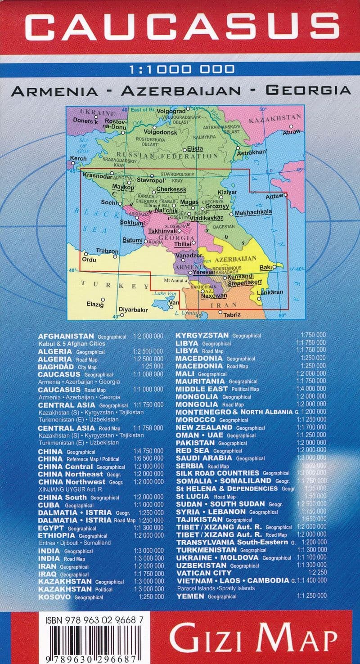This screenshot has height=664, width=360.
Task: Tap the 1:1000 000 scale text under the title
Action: click(181, 69)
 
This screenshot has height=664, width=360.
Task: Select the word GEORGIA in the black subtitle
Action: click(308, 90)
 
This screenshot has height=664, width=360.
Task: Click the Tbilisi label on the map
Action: click(183, 243)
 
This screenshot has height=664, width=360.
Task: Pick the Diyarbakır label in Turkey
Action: click(133, 310)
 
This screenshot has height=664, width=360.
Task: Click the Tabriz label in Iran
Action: click(232, 314)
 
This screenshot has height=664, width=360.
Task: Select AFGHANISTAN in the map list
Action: click(66, 336)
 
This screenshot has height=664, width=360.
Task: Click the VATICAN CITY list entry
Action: click(200, 573)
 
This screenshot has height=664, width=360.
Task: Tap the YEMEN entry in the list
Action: click(190, 596)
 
